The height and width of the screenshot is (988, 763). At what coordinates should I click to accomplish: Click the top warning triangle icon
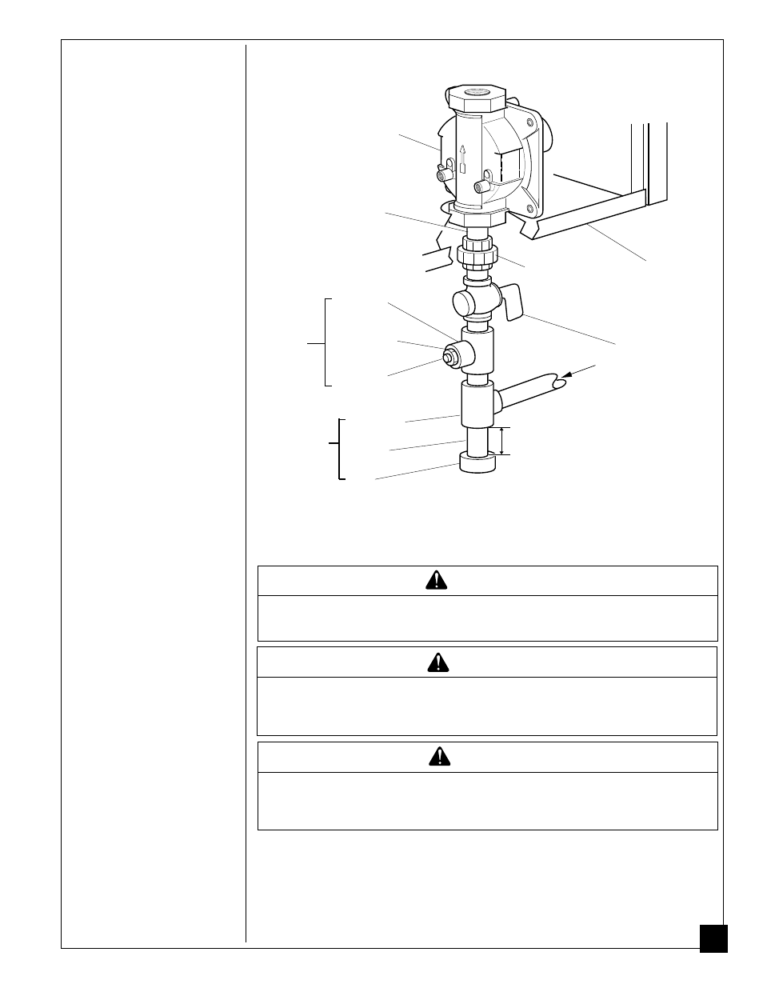(437, 581)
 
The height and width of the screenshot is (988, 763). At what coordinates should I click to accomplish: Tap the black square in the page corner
(713, 938)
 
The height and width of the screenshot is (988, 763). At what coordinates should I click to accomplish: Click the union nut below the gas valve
(477, 255)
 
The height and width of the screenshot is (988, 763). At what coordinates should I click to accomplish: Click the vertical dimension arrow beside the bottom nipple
(501, 441)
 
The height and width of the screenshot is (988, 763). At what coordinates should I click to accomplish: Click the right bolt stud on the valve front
(482, 188)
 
